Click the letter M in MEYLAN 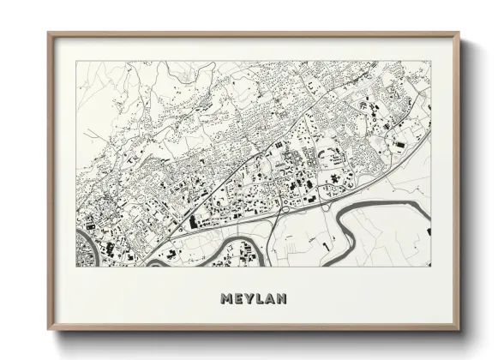[x=226, y=299]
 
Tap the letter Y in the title [x=247, y=299]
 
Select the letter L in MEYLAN [x=257, y=299]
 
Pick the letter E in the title [x=237, y=299]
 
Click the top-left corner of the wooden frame [x=48, y=33]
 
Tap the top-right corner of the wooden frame [x=459, y=33]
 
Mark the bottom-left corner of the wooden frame [x=48, y=331]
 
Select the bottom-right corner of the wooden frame [x=459, y=331]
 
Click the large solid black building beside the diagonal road [x=194, y=222]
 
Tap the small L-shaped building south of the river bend [x=326, y=249]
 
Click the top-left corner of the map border [x=77, y=61]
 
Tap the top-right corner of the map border [x=429, y=61]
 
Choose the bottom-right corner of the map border [x=429, y=266]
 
